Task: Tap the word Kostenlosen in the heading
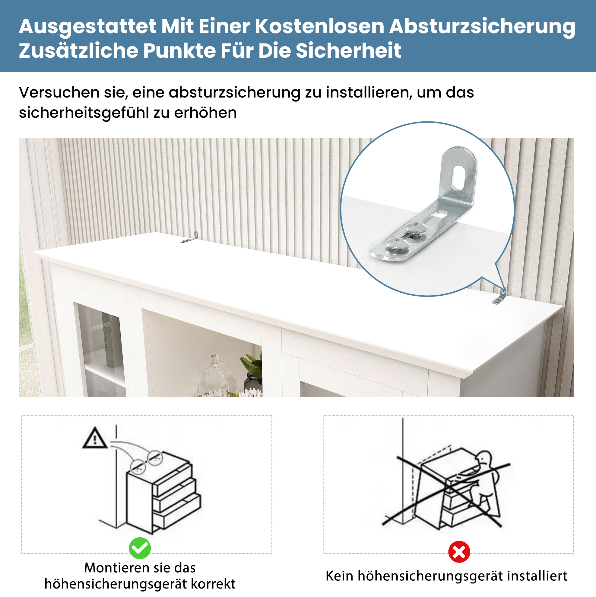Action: click(x=319, y=27)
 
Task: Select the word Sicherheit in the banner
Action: click(x=348, y=50)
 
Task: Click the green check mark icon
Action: click(x=140, y=548)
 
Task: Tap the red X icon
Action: click(x=459, y=552)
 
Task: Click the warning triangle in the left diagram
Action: click(x=95, y=438)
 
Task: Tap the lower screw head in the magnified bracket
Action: click(x=398, y=244)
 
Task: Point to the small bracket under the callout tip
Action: click(x=499, y=296)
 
